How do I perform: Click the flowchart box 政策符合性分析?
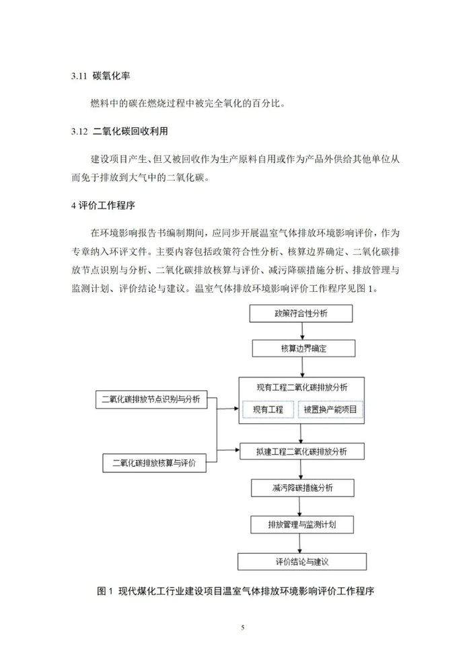point(301,313)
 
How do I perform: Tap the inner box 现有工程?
point(268,410)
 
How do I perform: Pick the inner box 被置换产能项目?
point(330,410)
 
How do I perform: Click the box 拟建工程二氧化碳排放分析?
point(302,451)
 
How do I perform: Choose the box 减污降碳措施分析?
point(302,487)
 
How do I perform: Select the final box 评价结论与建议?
point(302,560)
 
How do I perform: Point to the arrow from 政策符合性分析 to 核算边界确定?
point(302,331)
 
